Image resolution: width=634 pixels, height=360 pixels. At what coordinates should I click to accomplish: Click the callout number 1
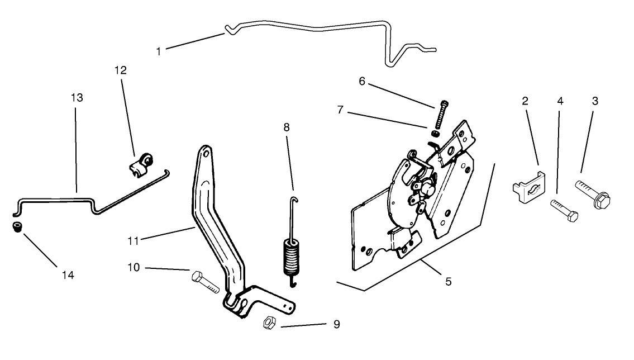pyautogui.click(x=159, y=51)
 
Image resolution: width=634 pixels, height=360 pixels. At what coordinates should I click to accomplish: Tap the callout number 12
pyautogui.click(x=121, y=70)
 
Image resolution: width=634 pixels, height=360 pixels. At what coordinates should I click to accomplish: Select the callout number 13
pyautogui.click(x=77, y=98)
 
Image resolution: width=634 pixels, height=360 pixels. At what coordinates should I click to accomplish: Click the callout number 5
pyautogui.click(x=448, y=282)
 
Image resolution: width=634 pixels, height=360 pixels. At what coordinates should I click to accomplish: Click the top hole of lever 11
pyautogui.click(x=206, y=153)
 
